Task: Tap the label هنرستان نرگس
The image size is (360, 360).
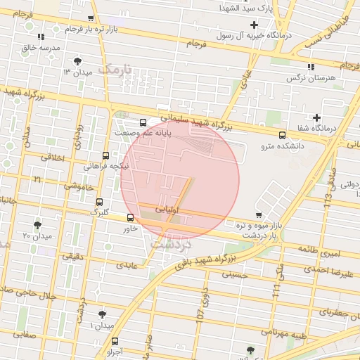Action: [308, 78]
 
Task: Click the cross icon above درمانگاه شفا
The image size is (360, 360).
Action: [316, 117]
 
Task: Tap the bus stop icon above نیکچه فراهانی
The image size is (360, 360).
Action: [105, 155]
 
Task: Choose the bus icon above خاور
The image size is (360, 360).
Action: [130, 218]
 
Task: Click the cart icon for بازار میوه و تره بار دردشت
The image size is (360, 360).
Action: [259, 215]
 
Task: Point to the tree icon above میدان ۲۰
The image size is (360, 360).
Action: [37, 225]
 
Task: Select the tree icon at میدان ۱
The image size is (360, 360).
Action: [102, 314]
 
